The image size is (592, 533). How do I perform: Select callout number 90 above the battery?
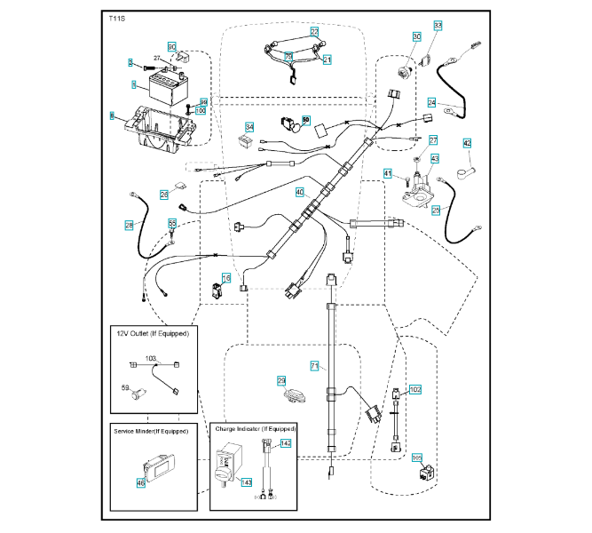[172, 46]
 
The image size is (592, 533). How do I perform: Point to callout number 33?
[438, 25]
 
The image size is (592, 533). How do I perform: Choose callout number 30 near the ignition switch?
[416, 36]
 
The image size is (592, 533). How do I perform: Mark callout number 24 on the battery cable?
[432, 102]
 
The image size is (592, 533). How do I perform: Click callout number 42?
[467, 143]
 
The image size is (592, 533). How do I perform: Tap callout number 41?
[388, 172]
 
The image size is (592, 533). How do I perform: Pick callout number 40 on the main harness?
[300, 192]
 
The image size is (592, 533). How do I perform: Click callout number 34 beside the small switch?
[249, 127]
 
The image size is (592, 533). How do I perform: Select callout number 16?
[225, 279]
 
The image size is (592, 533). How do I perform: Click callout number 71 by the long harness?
[314, 366]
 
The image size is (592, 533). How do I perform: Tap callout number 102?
[415, 390]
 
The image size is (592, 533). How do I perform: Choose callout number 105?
[417, 458]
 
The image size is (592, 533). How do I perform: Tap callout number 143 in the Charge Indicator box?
[248, 482]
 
